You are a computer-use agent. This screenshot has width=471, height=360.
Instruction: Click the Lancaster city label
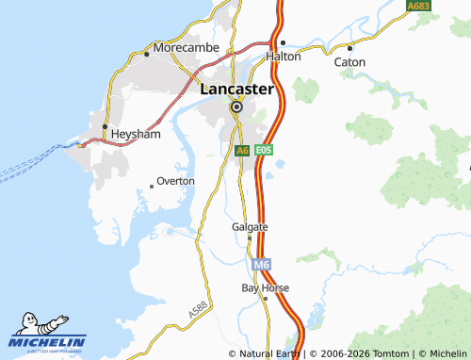point(236,90)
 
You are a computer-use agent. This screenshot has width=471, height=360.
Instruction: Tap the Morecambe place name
point(187,47)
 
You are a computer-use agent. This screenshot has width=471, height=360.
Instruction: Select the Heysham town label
point(136,135)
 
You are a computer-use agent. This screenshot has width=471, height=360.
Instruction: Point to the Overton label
point(175,180)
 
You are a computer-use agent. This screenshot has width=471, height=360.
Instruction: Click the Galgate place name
point(250,227)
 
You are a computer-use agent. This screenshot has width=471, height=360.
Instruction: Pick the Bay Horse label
point(265,287)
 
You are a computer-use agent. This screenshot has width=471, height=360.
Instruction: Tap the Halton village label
point(283,57)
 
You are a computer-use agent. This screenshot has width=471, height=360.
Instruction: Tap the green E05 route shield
point(264,150)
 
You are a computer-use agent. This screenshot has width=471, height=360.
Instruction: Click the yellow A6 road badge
point(242,150)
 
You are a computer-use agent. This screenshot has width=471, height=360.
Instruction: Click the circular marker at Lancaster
point(236,107)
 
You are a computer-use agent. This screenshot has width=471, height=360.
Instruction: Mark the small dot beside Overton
point(151,186)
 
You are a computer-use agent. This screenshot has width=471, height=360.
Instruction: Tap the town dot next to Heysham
point(105,126)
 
